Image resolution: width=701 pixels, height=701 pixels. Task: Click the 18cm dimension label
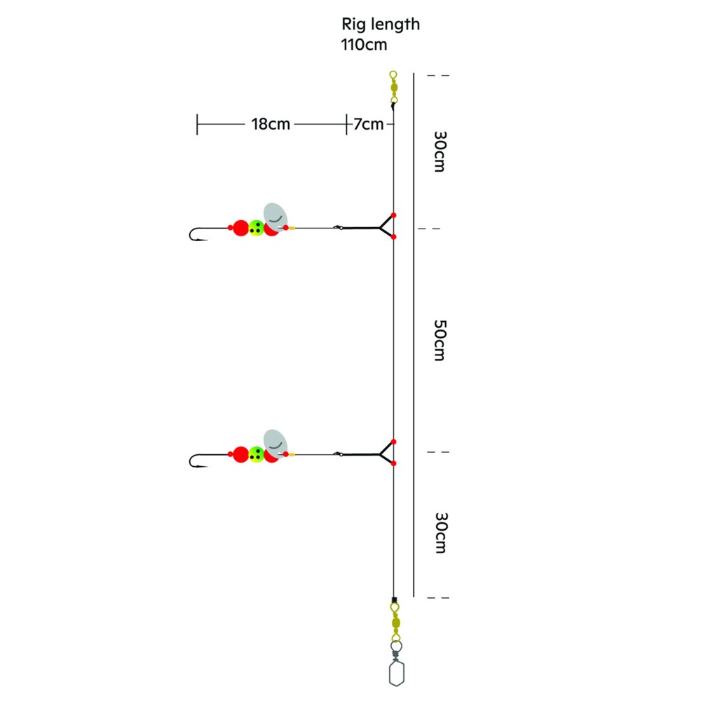click(271, 124)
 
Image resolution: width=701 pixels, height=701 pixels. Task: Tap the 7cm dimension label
click(369, 124)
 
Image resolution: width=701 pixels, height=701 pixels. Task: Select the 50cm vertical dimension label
click(440, 340)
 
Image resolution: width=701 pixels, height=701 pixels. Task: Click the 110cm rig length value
click(364, 45)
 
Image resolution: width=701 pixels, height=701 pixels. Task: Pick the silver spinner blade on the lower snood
click(275, 442)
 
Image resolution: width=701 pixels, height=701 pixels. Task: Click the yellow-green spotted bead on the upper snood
click(256, 228)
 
